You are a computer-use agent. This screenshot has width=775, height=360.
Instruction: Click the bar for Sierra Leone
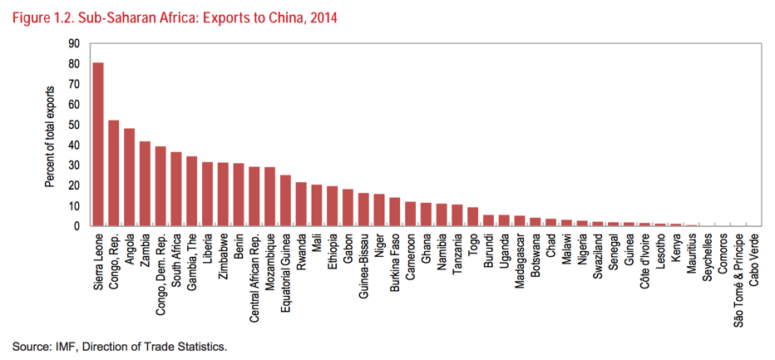click(98, 145)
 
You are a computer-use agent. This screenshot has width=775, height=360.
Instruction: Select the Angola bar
click(130, 177)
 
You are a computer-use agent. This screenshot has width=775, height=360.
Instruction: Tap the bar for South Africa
click(176, 189)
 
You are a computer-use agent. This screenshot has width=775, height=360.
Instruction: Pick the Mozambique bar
click(269, 197)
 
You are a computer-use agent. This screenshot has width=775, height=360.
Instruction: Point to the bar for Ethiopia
click(333, 206)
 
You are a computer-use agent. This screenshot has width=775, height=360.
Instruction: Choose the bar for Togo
click(473, 217)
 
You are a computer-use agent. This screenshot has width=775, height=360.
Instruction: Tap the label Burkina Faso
click(395, 265)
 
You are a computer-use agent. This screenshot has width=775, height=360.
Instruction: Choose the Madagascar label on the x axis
click(520, 264)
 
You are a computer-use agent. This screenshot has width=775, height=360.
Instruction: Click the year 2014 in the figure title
click(323, 16)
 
